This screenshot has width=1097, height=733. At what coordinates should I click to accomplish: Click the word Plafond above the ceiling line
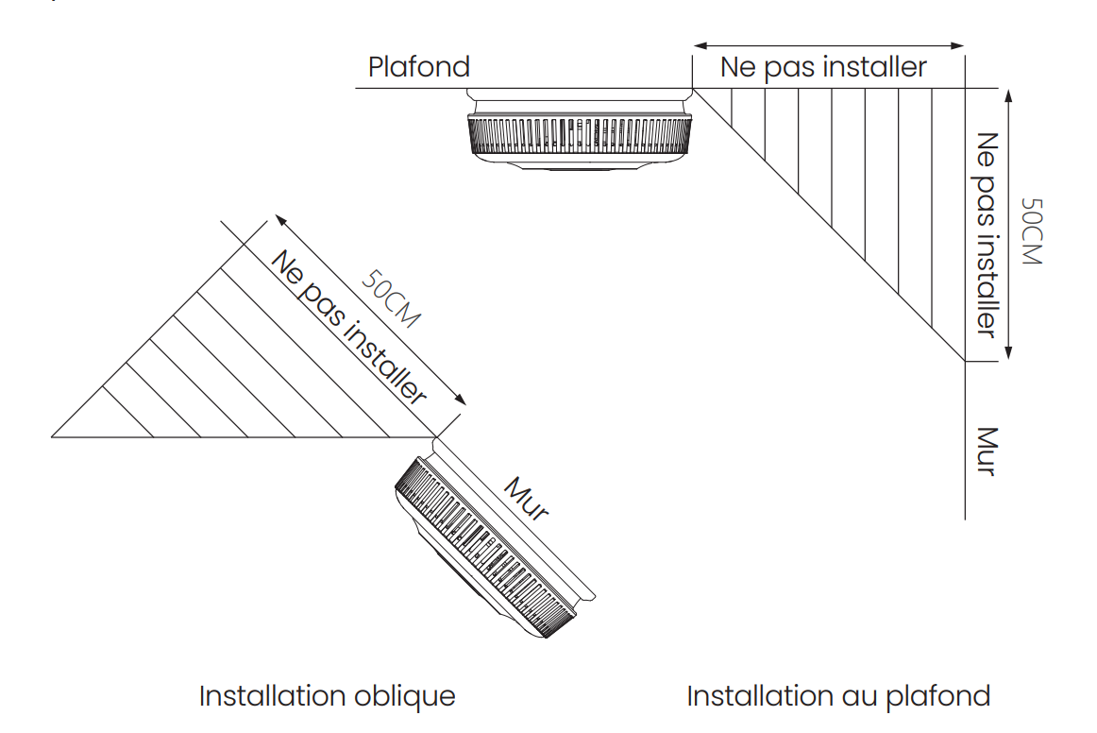(418, 67)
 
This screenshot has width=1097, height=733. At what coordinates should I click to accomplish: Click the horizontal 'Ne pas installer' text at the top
(823, 67)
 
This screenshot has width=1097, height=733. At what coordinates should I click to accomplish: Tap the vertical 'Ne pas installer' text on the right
(986, 234)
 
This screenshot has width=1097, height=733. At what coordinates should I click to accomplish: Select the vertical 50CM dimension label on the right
(1031, 231)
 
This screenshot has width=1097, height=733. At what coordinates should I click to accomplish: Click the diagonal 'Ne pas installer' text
(348, 327)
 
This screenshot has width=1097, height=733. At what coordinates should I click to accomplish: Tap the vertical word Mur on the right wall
(986, 452)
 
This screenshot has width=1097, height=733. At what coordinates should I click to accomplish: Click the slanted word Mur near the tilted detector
(527, 499)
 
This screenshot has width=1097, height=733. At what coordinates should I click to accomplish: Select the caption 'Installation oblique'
(327, 696)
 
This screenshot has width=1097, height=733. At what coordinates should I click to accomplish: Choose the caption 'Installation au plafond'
(838, 696)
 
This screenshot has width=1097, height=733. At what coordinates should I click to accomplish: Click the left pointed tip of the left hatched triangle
(53, 436)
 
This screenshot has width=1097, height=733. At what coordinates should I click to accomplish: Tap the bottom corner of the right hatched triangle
(965, 360)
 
